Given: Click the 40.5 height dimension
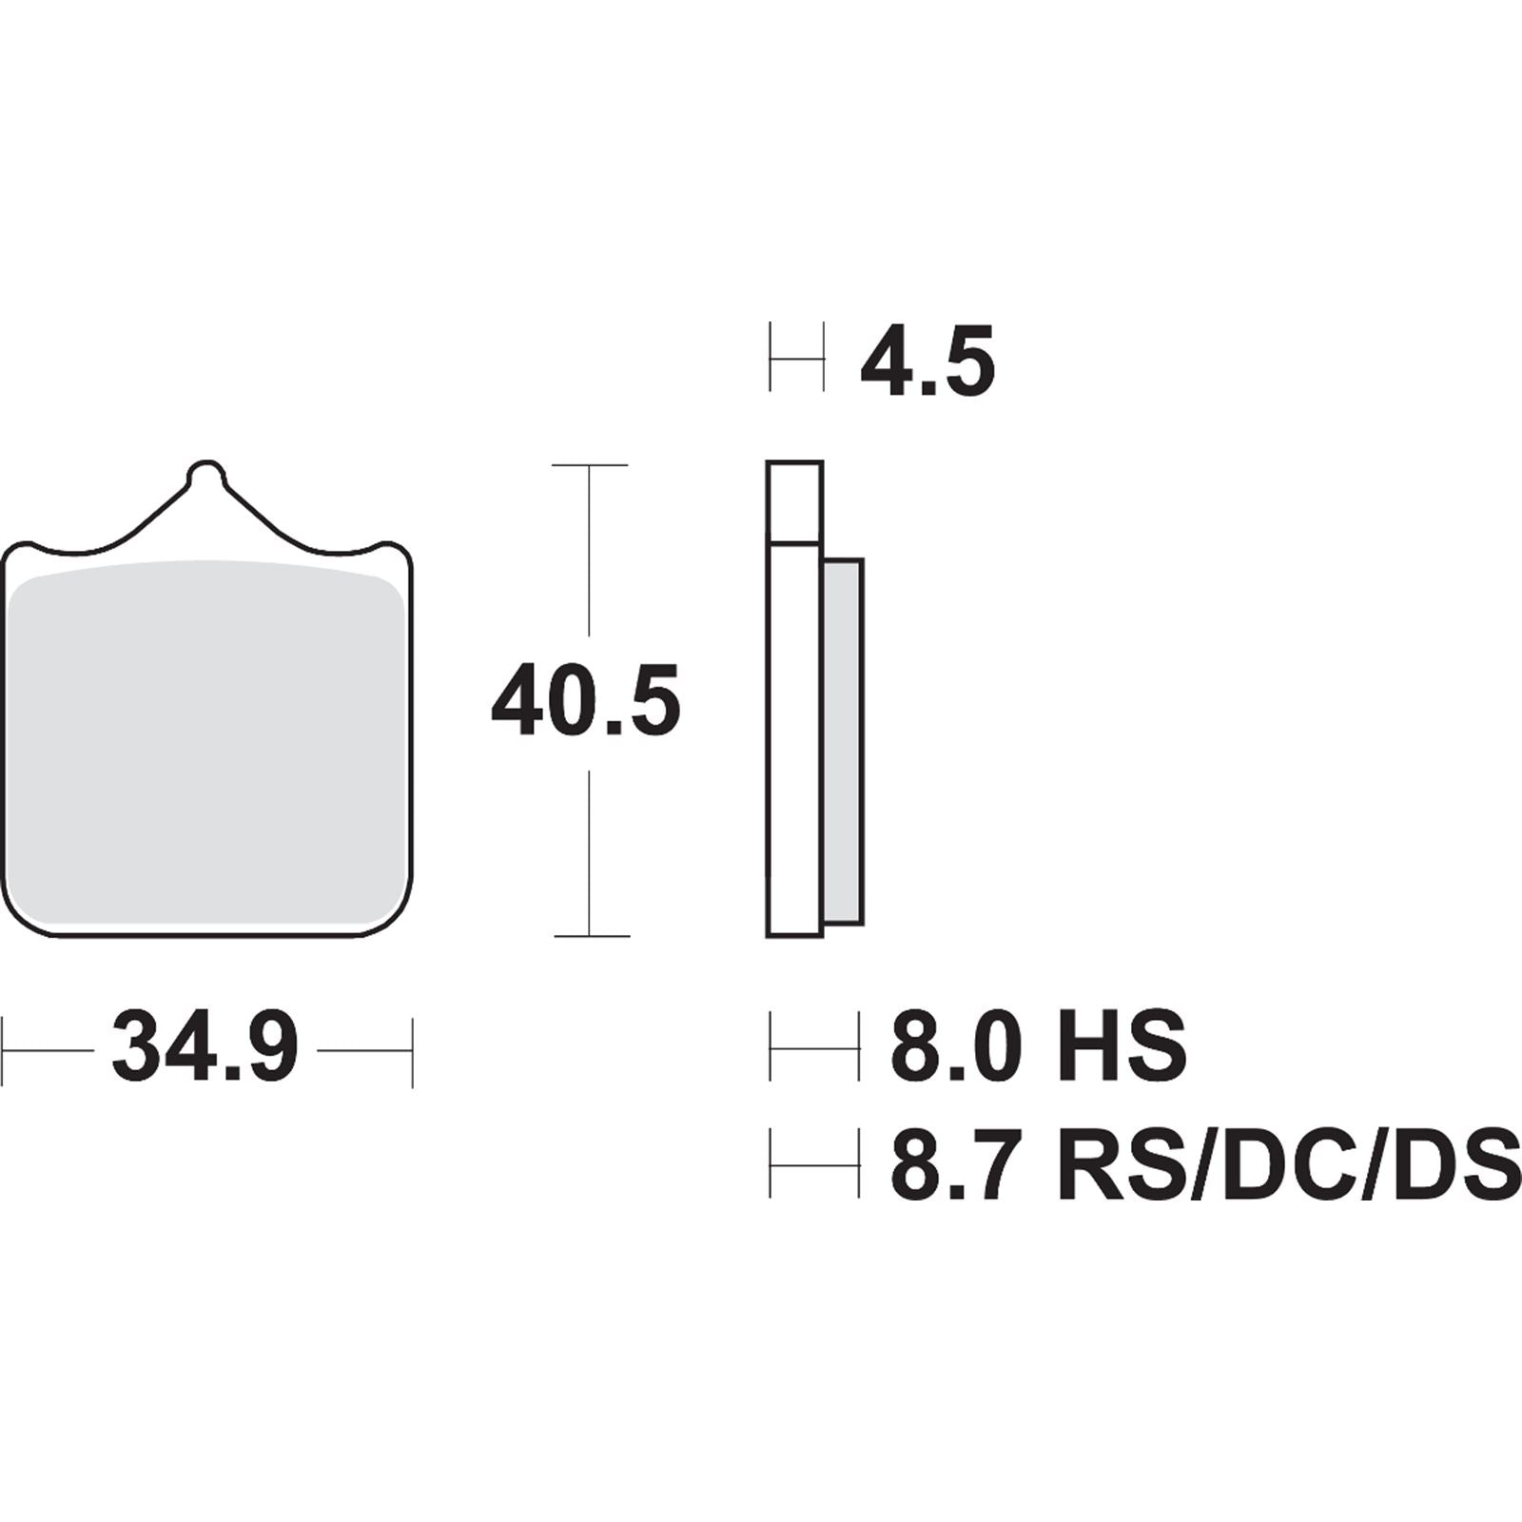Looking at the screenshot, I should click(585, 702).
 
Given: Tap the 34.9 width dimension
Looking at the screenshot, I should click(205, 1049).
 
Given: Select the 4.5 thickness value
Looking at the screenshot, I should click(927, 361).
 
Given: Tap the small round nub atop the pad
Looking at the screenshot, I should click(207, 473).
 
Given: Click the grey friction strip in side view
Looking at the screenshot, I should click(843, 742).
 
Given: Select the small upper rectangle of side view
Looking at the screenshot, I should click(794, 502).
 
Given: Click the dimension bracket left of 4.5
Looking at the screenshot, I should click(796, 359).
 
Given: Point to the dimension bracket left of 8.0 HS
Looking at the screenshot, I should click(813, 1049).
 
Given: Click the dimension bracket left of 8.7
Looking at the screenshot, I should click(813, 1163).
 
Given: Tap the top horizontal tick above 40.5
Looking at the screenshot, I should click(590, 465).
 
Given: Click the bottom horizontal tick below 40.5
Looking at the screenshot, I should click(590, 936).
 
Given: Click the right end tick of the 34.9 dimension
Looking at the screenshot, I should click(412, 1051).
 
